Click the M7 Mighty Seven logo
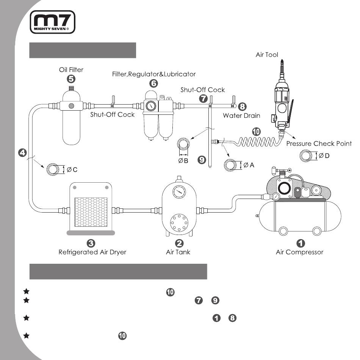[x=53, y=22]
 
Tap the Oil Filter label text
[x=71, y=70]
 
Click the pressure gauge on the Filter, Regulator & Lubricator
[x=150, y=105]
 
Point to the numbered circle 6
[x=153, y=83]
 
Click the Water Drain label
[x=241, y=115]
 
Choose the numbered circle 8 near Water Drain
[x=243, y=106]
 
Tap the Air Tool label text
[x=267, y=55]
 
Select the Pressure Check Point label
[x=319, y=144]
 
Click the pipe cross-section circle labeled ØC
[x=53, y=169]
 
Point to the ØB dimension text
[x=184, y=161]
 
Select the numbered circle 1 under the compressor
[x=300, y=243]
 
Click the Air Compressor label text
[x=299, y=252]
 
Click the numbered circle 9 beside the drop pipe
[x=202, y=160]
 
